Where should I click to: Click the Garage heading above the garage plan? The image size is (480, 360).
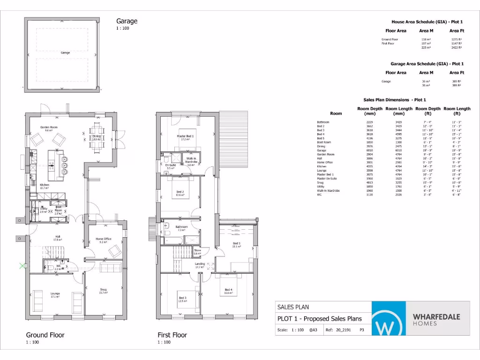pyautogui.click(x=127, y=21)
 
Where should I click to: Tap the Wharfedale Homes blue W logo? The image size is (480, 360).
pyautogui.click(x=389, y=319)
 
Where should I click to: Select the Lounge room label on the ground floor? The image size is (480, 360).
pyautogui.click(x=55, y=294)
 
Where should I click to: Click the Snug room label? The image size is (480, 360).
pyautogui.click(x=103, y=290)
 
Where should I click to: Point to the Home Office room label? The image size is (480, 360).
pyautogui.click(x=104, y=240)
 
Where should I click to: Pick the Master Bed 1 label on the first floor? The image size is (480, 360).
pyautogui.click(x=185, y=137)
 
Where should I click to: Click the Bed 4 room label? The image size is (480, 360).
pyautogui.click(x=228, y=290)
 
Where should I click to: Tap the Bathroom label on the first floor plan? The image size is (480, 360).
pyautogui.click(x=182, y=227)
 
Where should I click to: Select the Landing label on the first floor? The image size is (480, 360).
pyautogui.click(x=200, y=264)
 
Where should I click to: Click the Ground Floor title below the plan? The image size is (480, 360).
pyautogui.click(x=45, y=335)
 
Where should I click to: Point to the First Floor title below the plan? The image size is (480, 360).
pyautogui.click(x=172, y=335)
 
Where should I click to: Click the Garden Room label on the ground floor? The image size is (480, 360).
pyautogui.click(x=49, y=128)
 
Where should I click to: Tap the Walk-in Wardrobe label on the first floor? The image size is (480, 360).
pyautogui.click(x=191, y=162)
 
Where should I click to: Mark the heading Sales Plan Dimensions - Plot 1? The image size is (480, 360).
pyautogui.click(x=395, y=100)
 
